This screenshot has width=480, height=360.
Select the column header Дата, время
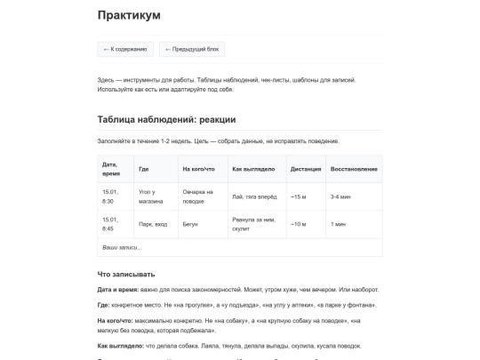[110, 169]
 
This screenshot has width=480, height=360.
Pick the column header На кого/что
[198, 169]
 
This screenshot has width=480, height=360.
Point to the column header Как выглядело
[253, 169]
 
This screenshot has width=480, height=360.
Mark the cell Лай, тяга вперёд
[255, 196]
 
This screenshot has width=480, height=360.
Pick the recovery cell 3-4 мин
[340, 196]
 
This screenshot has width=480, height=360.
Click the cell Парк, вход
[153, 225]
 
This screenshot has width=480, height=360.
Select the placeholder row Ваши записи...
[123, 247]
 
